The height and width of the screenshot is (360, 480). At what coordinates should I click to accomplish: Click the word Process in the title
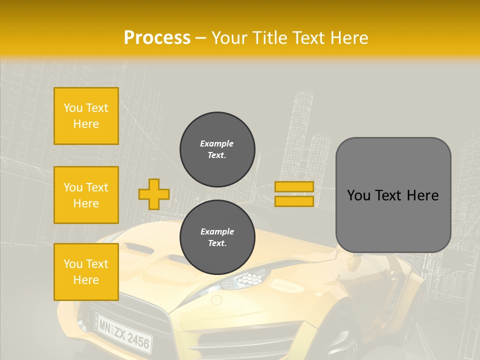click(x=157, y=37)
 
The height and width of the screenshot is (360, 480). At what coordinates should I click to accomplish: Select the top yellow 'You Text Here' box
click(x=86, y=116)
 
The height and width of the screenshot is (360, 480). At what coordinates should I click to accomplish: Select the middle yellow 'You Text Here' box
click(x=86, y=195)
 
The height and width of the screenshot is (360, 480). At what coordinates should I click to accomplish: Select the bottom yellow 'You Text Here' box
click(x=86, y=272)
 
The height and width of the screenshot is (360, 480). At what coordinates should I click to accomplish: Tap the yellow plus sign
click(x=154, y=194)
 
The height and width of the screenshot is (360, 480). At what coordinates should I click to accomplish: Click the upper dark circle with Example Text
click(x=217, y=149)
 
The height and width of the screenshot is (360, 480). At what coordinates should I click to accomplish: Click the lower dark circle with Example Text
click(x=217, y=237)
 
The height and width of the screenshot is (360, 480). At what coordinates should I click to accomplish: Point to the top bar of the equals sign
click(x=294, y=186)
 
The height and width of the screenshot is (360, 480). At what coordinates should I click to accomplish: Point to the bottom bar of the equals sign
click(x=294, y=201)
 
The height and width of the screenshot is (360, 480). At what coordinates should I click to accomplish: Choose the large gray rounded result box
click(x=393, y=195)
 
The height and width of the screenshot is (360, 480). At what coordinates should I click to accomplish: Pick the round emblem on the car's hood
click(x=216, y=300)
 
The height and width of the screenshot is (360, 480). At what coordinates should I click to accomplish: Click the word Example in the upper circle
click(x=216, y=143)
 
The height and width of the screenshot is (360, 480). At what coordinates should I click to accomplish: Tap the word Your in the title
click(x=229, y=37)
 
